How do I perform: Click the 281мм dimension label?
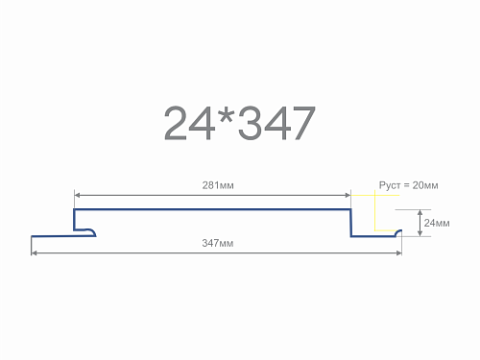pos(218,185)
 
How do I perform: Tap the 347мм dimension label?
pos(218,243)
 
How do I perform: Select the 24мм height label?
pos(437,223)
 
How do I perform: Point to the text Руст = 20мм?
pos(408,185)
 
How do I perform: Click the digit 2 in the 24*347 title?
pos(175,123)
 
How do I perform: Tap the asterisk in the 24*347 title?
pos(227,116)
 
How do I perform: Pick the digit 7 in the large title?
pos(303,123)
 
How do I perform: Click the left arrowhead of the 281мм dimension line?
pos(77,195)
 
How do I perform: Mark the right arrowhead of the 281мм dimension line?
pos(348,195)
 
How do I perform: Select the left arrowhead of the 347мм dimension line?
pos(34,253)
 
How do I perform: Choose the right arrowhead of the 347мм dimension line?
pos(399,253)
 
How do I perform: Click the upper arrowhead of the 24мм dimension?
pos(420,212)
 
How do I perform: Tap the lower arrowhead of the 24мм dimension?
pos(420,233)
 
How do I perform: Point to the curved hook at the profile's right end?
pos(398,232)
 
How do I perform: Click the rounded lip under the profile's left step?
pos(92,231)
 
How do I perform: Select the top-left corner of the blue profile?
pos(74,209)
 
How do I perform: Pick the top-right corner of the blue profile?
pos(350,209)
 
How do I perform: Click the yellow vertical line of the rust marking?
pos(374,210)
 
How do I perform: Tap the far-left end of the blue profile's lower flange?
pos(32,236)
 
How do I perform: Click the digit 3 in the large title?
pos(251,123)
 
